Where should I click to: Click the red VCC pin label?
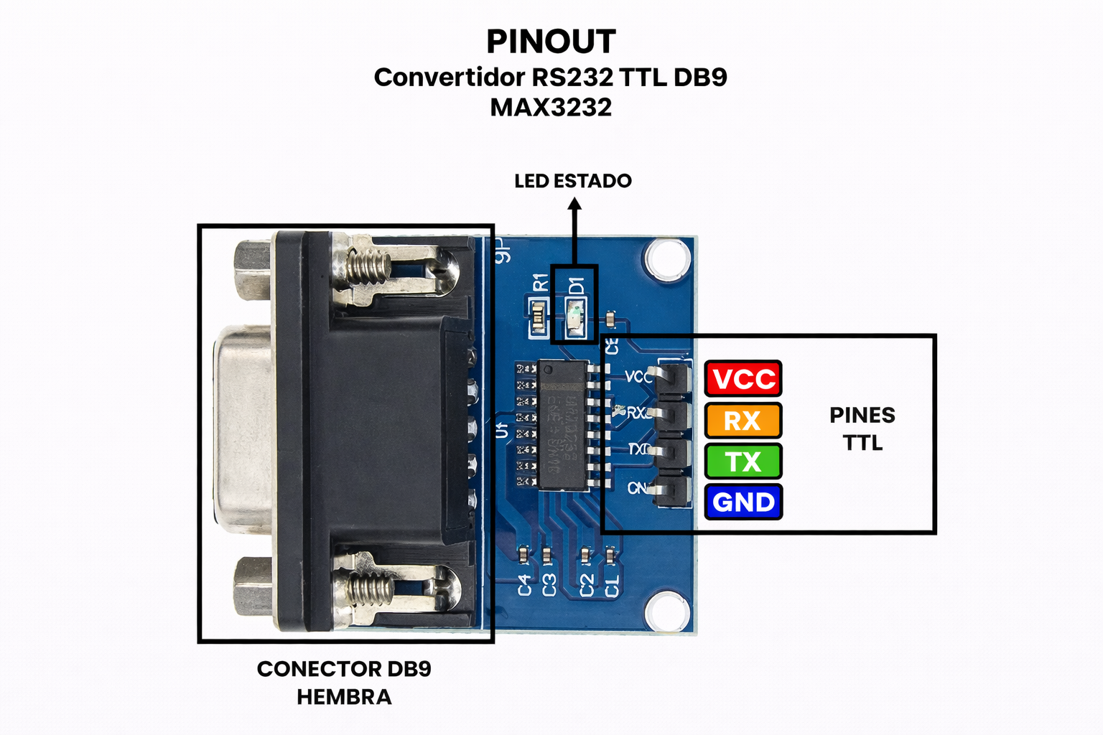coord(743,379)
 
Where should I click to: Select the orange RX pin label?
coord(743,421)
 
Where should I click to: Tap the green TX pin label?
coord(743,462)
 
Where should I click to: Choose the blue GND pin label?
coord(743,502)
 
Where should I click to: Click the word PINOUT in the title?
coord(551,42)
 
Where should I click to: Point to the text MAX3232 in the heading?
coord(551,108)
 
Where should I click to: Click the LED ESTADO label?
coord(573,181)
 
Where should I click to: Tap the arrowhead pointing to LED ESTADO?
coord(574,205)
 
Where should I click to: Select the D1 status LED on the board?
coord(575,318)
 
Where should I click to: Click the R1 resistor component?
coord(539,318)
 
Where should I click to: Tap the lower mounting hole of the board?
coord(667,612)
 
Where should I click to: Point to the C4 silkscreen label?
coord(525,584)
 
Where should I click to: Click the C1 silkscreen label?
coord(612,584)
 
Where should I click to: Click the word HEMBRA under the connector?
coord(344,697)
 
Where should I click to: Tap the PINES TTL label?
coord(862,429)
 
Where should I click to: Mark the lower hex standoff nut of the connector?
coord(253,587)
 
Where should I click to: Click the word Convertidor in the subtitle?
coord(449,78)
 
